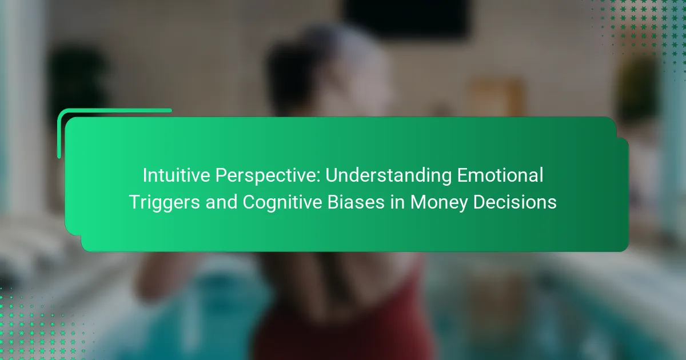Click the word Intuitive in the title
[x=176, y=175]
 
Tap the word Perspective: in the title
[x=268, y=177]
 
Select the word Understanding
[x=388, y=177]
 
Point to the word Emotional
[x=500, y=175]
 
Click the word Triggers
[x=165, y=203]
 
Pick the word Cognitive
[x=282, y=203]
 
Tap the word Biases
[x=356, y=202]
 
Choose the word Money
[x=439, y=203]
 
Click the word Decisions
[x=515, y=202]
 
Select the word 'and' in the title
[x=221, y=202]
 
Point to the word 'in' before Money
[x=397, y=202]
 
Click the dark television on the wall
[x=406, y=18]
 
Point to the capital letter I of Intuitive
[x=145, y=175]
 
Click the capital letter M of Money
[x=418, y=202]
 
